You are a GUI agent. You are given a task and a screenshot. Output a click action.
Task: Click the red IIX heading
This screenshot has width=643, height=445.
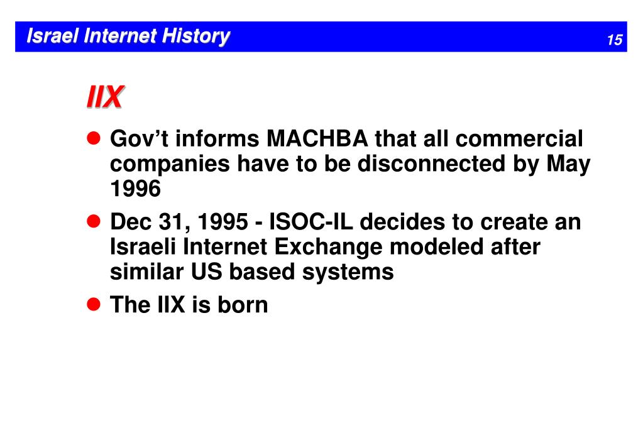click(x=104, y=98)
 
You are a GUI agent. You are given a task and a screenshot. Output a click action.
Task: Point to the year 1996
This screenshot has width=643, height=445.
click(x=136, y=189)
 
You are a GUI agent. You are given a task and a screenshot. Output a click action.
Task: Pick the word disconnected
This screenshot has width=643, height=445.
click(x=432, y=164)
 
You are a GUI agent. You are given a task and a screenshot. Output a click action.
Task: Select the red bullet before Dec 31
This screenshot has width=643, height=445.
click(x=93, y=221)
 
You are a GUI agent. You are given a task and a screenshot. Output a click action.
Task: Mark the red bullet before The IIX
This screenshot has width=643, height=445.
click(x=93, y=304)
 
